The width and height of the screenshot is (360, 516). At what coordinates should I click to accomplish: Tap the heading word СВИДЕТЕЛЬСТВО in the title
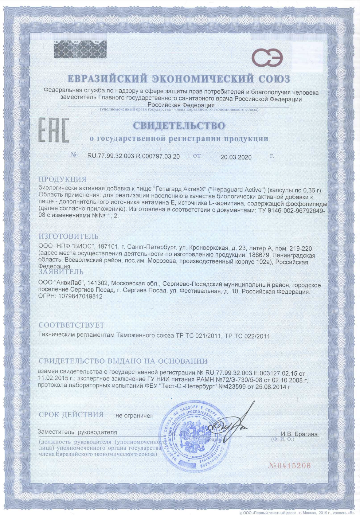pos(178,126)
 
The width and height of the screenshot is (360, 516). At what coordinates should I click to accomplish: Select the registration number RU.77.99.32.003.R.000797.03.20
pos(134,156)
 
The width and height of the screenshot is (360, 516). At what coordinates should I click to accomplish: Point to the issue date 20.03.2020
pos(236,157)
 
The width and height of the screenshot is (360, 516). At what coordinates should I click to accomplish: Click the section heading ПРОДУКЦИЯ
pos(63,179)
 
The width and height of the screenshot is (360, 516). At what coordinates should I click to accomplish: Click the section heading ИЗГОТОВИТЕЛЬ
pos(68,236)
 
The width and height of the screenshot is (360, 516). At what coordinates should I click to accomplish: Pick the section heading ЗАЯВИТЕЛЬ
pos(61,272)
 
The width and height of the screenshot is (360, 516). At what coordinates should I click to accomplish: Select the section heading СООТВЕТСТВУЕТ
pos(72,325)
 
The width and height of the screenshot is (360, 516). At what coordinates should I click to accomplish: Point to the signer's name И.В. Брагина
pos(299,434)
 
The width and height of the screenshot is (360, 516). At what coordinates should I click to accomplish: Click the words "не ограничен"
pos(134,416)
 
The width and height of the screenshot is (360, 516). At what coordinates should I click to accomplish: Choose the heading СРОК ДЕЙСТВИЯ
pos(71,415)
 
